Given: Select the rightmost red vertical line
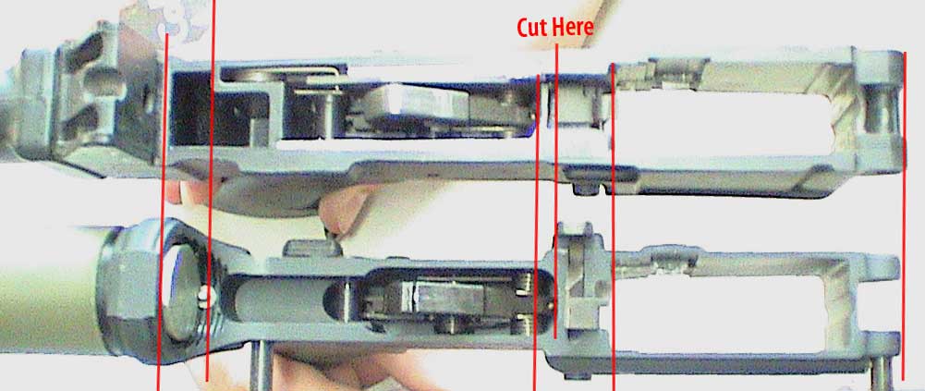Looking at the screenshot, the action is coord(905,216).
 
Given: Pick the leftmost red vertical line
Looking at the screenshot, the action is coord(163,213).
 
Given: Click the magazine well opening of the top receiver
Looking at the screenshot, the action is coord(732,124).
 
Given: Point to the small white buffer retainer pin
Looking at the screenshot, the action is coord(202,298).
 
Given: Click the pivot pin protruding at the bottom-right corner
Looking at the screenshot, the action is coord(882,373).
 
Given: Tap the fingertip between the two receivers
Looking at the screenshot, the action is coord(342,208).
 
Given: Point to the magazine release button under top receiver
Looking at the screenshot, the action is coord(602,175).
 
